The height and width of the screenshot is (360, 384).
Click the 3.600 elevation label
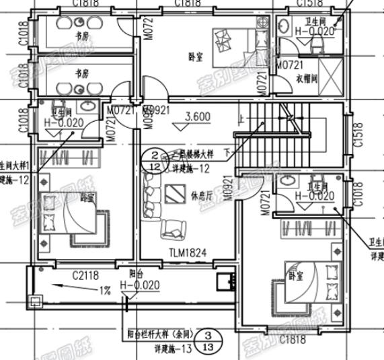tap(196, 116)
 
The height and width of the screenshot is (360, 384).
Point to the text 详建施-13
tap(174, 349)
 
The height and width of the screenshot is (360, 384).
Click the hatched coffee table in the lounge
tap(175, 194)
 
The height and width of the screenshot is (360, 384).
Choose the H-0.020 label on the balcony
tap(140, 285)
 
